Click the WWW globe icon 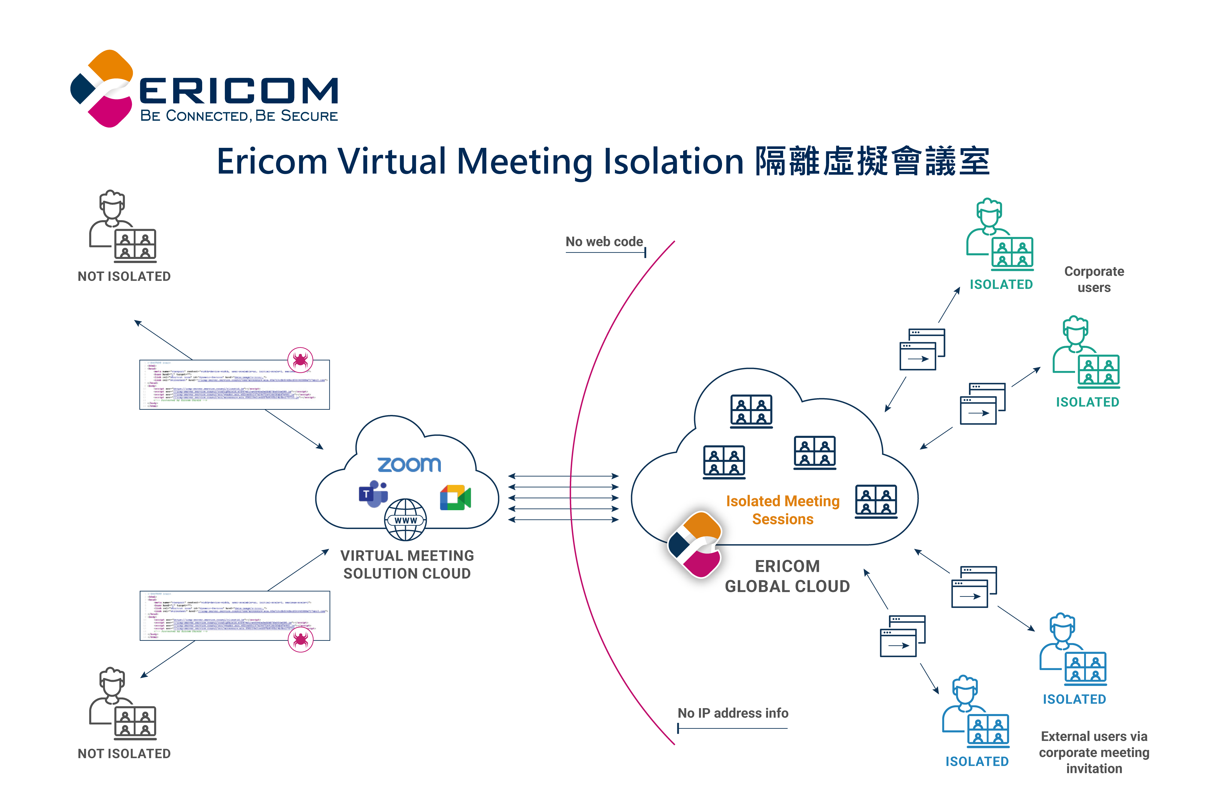pos(405,520)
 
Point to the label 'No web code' pos(604,242)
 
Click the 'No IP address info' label pos(733,713)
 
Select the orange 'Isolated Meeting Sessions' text pos(782,510)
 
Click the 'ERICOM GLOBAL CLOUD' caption pos(787,576)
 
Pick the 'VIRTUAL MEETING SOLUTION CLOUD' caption pos(407,565)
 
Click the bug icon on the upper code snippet pos(301,359)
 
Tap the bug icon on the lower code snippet pos(301,640)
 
